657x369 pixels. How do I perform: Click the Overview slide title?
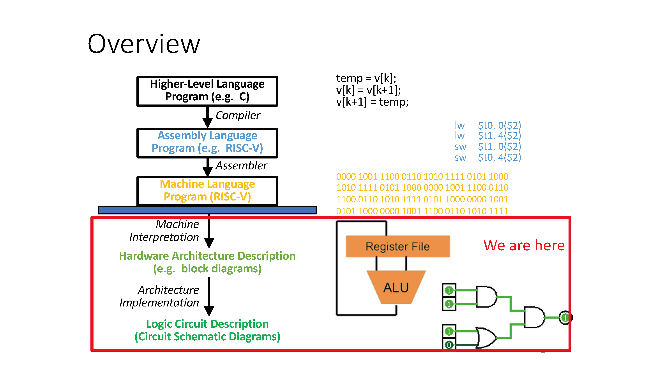(x=144, y=44)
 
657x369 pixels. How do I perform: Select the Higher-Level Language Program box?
(x=207, y=91)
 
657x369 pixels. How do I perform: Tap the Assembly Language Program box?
(x=207, y=143)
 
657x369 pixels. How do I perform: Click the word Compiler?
(x=238, y=115)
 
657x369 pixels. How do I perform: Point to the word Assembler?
(x=241, y=165)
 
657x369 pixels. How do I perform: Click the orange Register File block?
(x=397, y=246)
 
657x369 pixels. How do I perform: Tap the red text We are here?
(x=524, y=245)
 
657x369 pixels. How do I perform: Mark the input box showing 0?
(x=449, y=345)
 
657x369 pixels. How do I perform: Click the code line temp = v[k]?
(x=366, y=78)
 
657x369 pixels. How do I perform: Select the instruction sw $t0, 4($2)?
(x=487, y=157)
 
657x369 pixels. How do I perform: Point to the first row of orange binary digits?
(x=422, y=176)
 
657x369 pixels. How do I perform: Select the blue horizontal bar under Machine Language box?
(x=207, y=210)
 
